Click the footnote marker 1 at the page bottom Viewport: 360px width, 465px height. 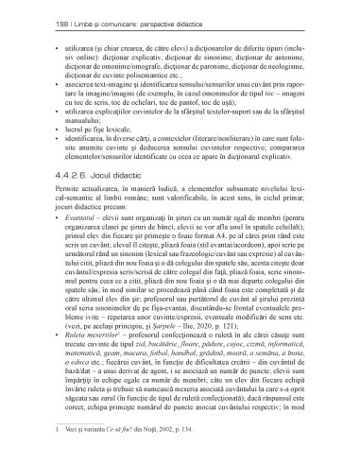(x=44, y=456)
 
